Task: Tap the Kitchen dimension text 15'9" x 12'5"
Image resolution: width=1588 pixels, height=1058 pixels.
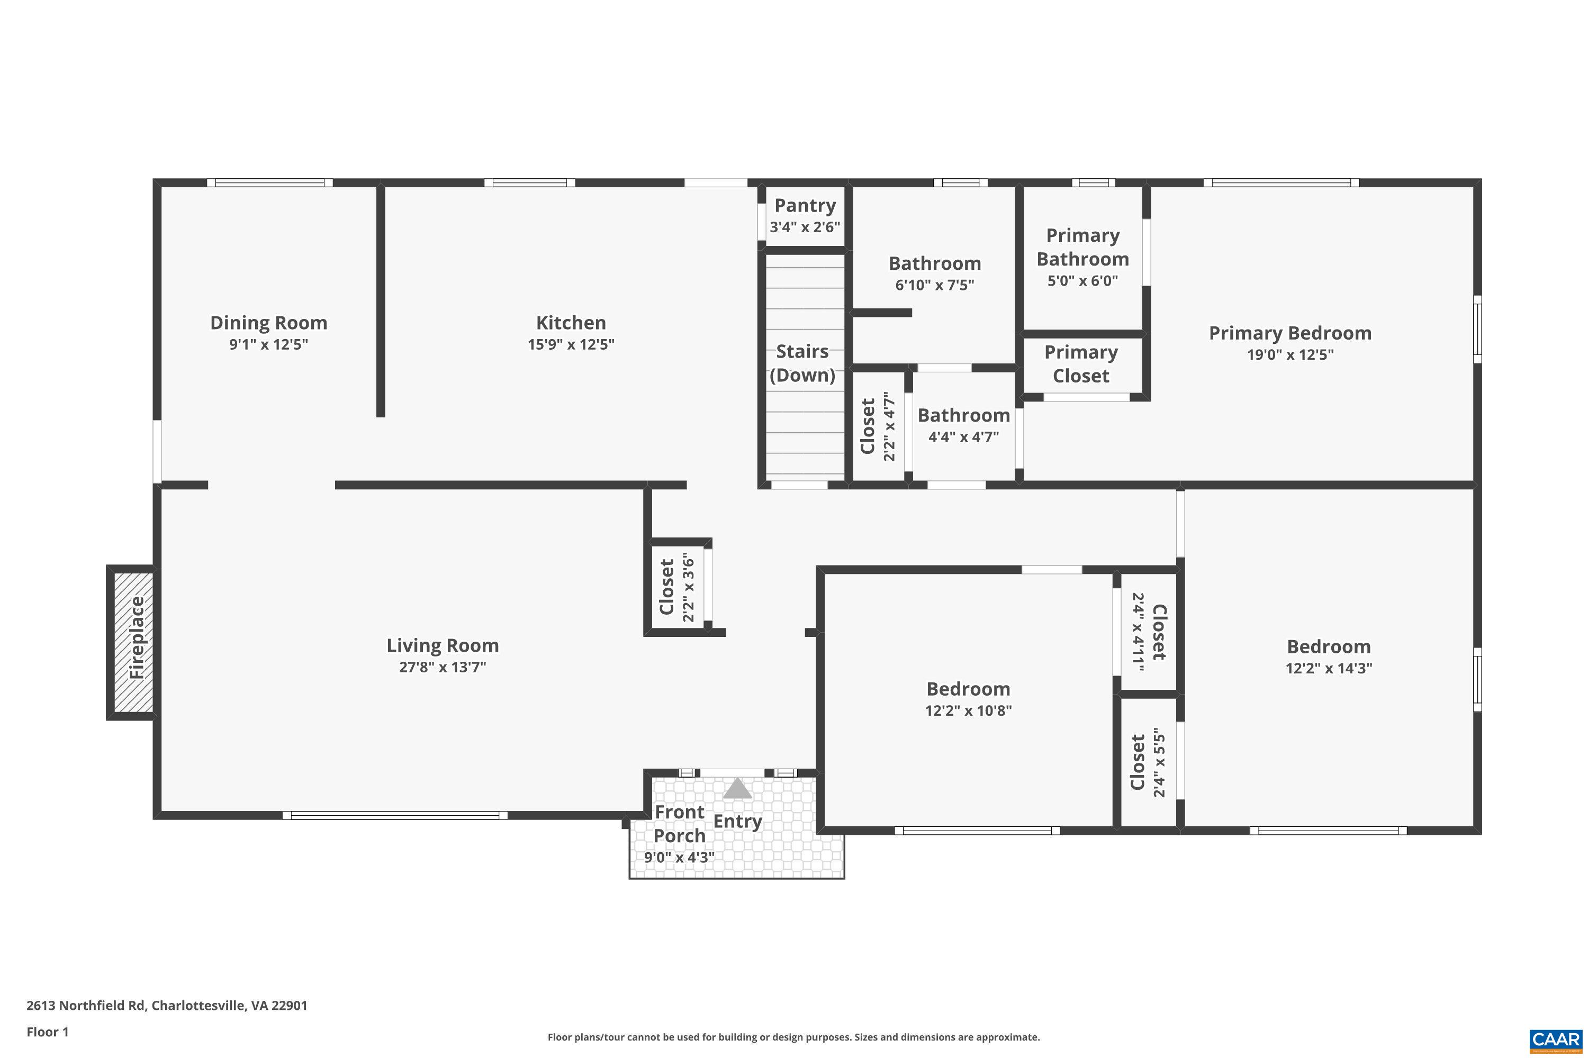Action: coord(571,344)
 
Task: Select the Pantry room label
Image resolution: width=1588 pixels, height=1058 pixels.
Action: coord(805,205)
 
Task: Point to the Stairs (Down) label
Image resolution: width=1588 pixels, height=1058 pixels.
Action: coord(802,363)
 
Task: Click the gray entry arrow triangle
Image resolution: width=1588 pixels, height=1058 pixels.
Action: coord(737,789)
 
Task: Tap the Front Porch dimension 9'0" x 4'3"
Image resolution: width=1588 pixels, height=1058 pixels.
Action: coord(679,857)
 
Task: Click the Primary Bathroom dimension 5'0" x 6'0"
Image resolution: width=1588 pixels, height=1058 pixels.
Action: coord(1082,281)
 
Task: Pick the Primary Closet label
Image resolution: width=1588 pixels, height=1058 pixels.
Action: coord(1081,364)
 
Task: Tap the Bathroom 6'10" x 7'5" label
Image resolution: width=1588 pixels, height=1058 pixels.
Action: coord(934,264)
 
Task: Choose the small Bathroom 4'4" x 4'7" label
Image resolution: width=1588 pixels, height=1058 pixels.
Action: coord(963,416)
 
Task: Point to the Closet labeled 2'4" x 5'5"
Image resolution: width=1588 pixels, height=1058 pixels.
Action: coord(1147,762)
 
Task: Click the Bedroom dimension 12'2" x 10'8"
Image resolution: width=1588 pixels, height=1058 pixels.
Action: coord(968,710)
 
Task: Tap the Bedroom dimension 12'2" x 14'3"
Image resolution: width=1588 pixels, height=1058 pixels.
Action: coord(1328,668)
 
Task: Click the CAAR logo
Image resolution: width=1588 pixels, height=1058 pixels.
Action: coord(1555,1040)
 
